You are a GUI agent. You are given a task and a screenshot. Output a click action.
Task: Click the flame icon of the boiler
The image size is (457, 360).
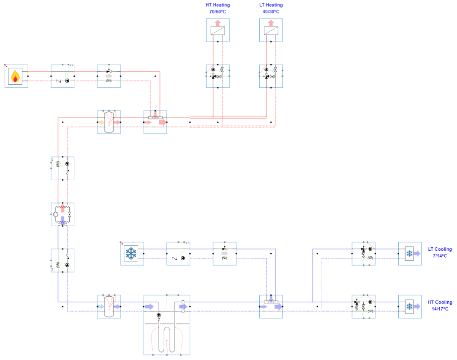[x=16, y=76]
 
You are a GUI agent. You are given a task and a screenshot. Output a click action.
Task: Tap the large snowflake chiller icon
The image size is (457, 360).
[x=131, y=254]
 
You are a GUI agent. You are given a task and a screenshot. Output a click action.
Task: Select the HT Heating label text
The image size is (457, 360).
[x=218, y=5]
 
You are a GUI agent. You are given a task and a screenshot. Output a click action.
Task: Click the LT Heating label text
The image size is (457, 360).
[x=271, y=5]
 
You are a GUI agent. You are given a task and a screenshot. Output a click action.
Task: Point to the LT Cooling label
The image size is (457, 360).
[x=440, y=249]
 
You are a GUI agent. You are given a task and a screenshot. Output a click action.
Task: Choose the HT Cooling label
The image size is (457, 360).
[x=440, y=302]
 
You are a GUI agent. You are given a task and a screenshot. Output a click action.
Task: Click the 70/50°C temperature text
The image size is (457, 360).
[x=218, y=12]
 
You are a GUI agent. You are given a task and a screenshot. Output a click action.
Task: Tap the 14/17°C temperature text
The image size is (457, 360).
[x=440, y=309]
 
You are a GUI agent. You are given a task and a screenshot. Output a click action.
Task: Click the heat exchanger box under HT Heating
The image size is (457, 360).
[x=218, y=30]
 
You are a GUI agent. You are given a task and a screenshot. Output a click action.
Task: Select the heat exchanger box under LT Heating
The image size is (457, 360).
[x=271, y=30]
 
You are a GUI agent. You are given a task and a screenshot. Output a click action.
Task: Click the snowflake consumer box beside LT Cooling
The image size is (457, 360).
[x=409, y=254]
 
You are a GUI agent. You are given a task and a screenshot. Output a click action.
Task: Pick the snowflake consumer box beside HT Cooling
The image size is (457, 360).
[x=409, y=306]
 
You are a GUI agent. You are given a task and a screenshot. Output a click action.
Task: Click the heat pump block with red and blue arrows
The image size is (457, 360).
[x=63, y=214]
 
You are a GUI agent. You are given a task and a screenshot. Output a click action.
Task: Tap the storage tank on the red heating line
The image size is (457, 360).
[x=109, y=122]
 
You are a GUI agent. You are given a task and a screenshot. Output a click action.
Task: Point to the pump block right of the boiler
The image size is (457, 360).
[x=63, y=76]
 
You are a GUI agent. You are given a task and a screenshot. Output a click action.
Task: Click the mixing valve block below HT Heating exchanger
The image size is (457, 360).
[x=218, y=76]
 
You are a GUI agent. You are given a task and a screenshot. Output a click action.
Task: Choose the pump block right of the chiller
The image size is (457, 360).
[x=178, y=254]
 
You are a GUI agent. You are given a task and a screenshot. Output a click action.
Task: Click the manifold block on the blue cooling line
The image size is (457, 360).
[x=271, y=306]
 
